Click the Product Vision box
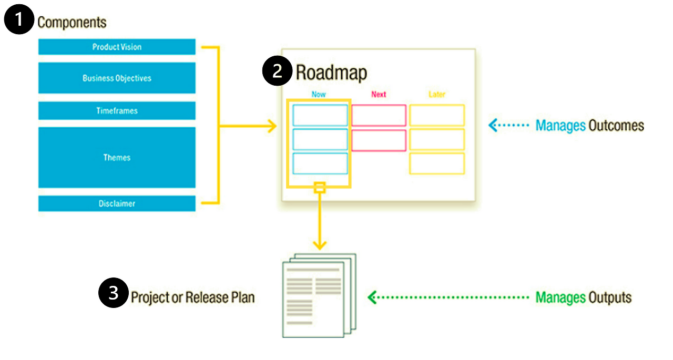[x=117, y=47]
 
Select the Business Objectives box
[x=117, y=78]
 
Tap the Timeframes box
[x=117, y=111]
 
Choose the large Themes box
[x=117, y=157]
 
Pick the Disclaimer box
[x=117, y=203]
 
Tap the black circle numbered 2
[x=277, y=71]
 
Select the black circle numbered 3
[x=113, y=294]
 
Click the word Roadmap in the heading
[x=331, y=73]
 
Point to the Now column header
[x=319, y=95]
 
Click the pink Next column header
[x=379, y=95]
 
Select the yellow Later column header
[x=436, y=95]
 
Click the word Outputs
[x=610, y=297]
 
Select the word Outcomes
[x=616, y=126]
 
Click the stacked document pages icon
[x=319, y=295]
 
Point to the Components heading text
[x=72, y=23]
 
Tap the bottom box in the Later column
[x=437, y=163]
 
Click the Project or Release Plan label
[x=192, y=297]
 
